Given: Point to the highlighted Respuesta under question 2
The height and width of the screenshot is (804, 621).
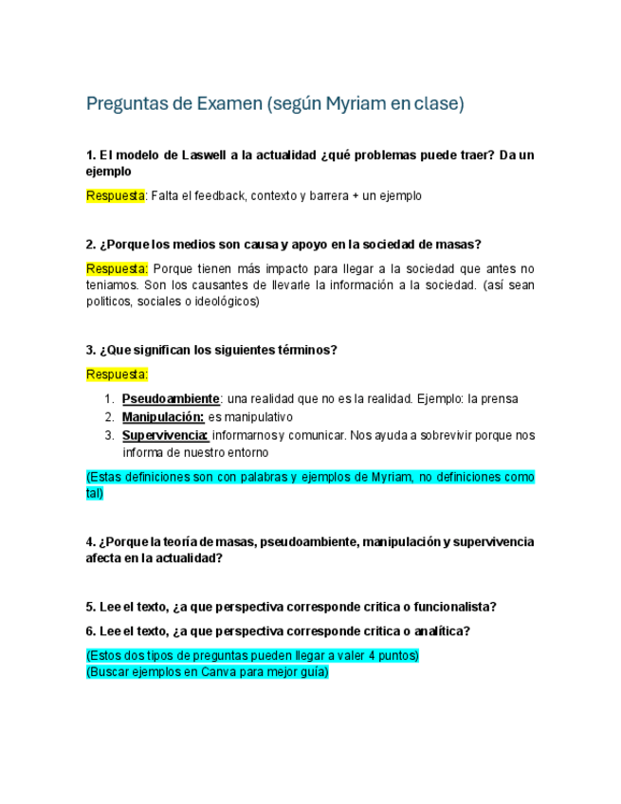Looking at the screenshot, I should (x=117, y=268).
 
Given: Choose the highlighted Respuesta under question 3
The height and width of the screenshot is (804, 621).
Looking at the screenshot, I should (x=117, y=375).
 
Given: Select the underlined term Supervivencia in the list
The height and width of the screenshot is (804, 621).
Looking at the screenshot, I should (x=165, y=435).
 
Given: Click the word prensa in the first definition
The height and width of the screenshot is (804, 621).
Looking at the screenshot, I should (x=500, y=399).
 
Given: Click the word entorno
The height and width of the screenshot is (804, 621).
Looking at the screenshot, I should (x=271, y=452).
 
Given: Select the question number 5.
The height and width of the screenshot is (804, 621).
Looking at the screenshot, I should (x=89, y=607).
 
